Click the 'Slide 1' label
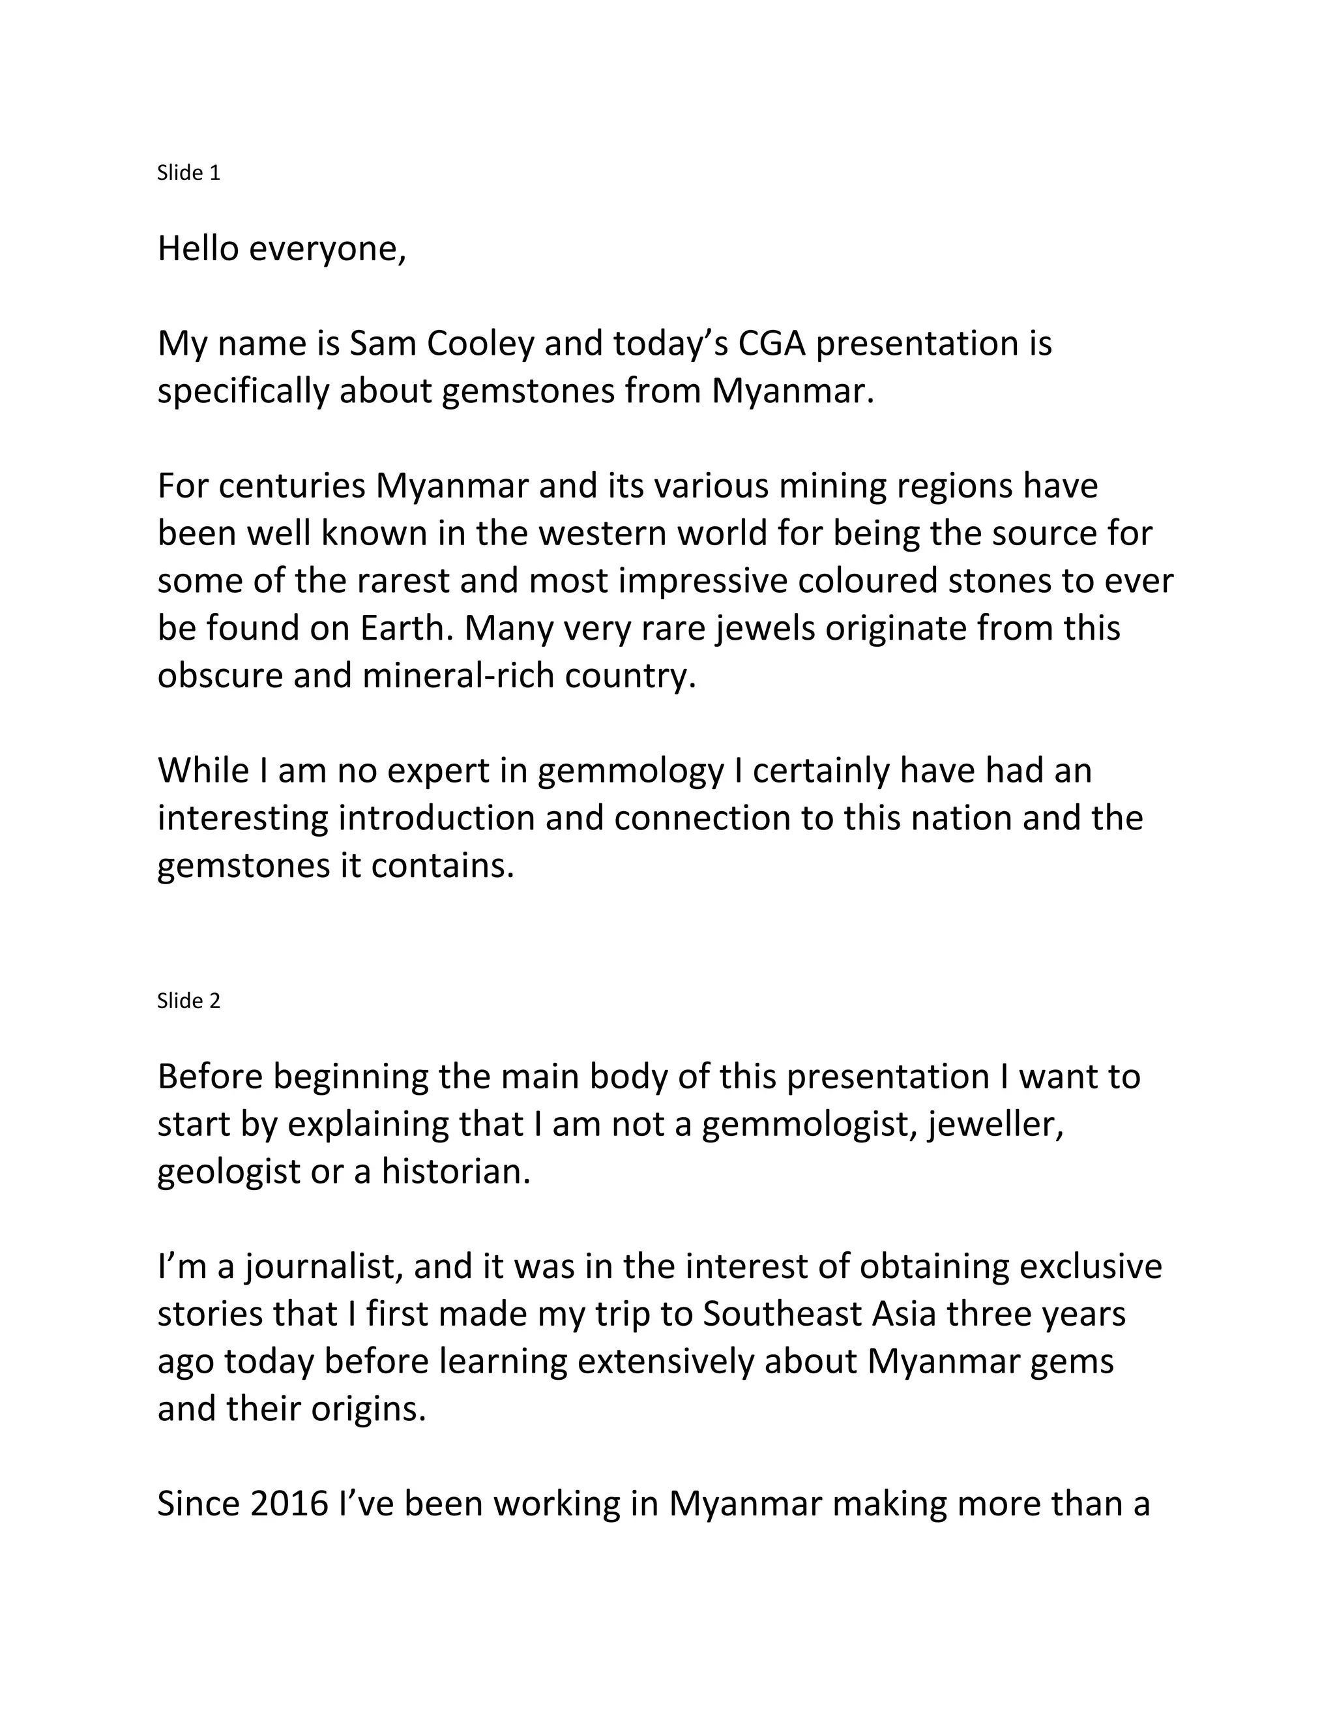[188, 173]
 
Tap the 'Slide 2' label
[188, 1001]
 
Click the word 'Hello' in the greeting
[198, 248]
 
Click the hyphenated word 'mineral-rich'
[458, 676]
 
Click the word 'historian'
[455, 1172]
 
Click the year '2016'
[289, 1503]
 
